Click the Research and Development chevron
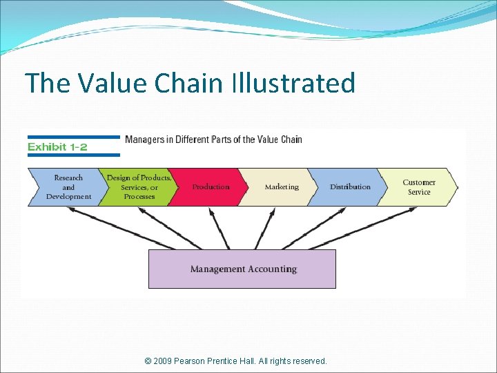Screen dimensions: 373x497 [67, 187]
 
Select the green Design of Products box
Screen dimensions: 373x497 [138, 187]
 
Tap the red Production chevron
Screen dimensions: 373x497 [210, 187]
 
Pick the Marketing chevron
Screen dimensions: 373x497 [281, 187]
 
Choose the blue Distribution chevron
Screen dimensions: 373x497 [350, 187]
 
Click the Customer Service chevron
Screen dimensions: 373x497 [419, 187]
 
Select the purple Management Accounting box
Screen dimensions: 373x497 [242, 269]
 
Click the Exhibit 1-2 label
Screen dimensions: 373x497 [57, 147]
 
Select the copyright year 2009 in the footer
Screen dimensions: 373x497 [163, 361]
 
